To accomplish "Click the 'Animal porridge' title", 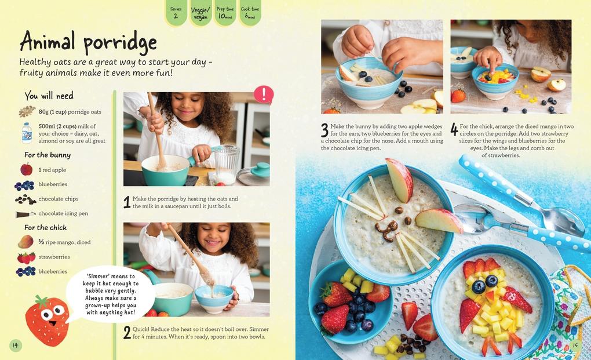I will tap(88, 42).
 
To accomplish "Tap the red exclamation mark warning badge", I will tap(264, 94).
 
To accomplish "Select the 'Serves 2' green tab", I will tap(176, 13).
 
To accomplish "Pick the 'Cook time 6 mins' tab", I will tap(250, 13).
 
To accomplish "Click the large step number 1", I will tap(127, 202).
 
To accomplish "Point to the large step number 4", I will tap(454, 129).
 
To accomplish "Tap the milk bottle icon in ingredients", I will tap(27, 133).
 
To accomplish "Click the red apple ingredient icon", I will tap(27, 169).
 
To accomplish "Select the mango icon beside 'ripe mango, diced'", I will tap(26, 242).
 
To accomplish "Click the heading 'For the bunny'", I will tap(48, 155).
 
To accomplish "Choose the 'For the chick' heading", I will tap(45, 227).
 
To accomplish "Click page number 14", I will tap(16, 346).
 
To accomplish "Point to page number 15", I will tap(575, 346).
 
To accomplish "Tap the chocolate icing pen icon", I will tap(25, 214).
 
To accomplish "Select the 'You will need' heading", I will tap(49, 96).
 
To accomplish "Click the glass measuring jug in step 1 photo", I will tap(227, 164).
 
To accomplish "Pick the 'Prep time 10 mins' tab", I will tap(225, 13).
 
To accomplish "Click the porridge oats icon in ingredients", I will tap(27, 111).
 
